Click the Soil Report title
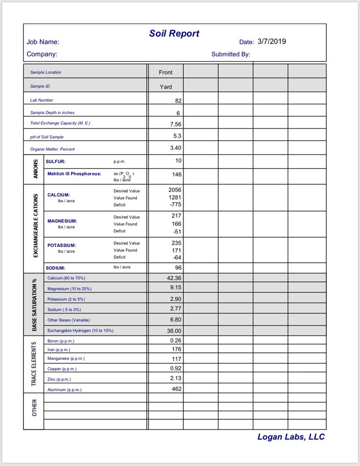[174, 34]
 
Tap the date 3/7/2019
[272, 41]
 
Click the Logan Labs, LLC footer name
[291, 437]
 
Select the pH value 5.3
[178, 136]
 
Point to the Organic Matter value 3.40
[175, 148]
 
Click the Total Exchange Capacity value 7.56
[175, 124]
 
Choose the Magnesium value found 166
[177, 224]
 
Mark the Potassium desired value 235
[177, 243]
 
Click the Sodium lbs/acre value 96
[178, 267]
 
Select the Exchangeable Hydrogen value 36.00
[175, 330]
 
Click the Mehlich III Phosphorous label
[74, 174]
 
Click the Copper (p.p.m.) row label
[62, 369]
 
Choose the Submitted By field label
[231, 54]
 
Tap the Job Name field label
[43, 42]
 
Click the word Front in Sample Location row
[165, 73]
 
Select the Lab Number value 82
[178, 101]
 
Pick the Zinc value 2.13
[177, 379]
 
